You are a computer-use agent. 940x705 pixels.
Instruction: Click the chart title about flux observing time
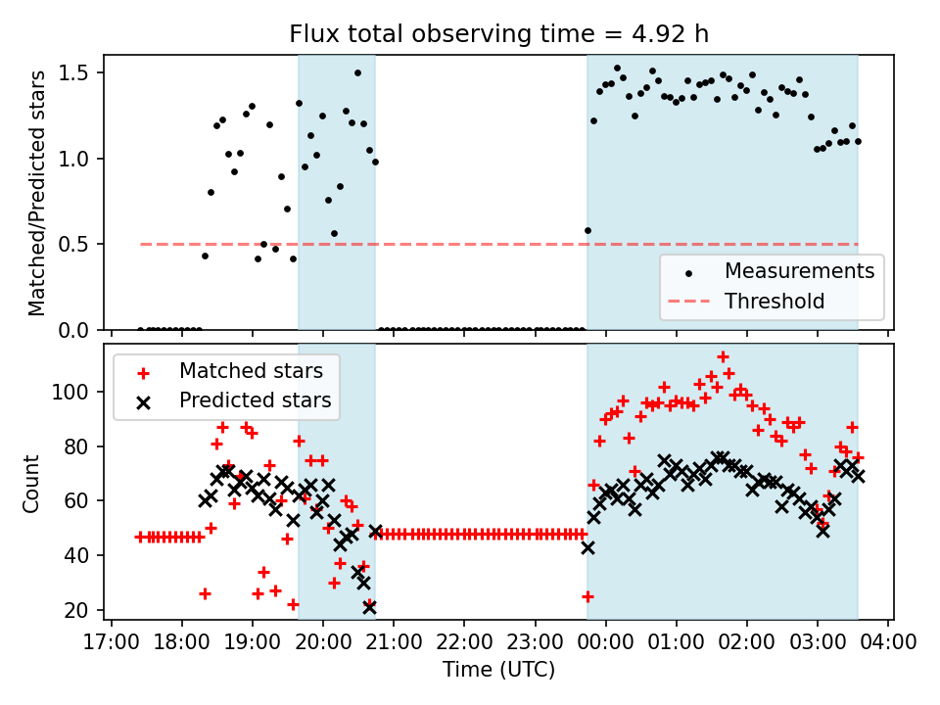(x=498, y=34)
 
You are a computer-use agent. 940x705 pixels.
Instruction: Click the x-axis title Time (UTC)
(x=498, y=671)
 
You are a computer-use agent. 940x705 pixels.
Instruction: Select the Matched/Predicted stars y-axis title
(x=37, y=193)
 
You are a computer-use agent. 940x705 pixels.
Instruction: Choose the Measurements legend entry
(x=799, y=270)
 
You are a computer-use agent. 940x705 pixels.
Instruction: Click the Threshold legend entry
(x=774, y=301)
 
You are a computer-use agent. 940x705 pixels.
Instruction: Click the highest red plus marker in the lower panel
(x=723, y=357)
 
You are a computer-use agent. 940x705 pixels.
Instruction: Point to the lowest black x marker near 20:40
(x=369, y=607)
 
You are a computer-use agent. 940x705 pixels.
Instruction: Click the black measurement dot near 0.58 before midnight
(x=587, y=230)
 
